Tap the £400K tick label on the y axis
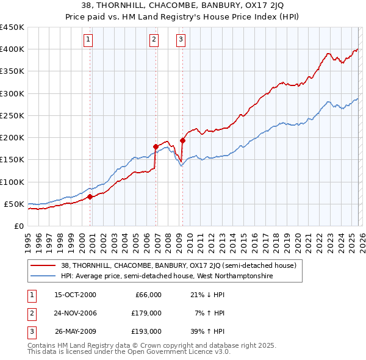click(x=12, y=49)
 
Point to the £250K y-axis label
click(x=12, y=115)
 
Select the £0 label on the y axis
click(x=19, y=226)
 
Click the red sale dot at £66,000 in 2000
click(x=90, y=196)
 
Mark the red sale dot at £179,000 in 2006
click(x=156, y=146)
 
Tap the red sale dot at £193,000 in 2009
click(x=183, y=140)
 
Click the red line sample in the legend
click(x=44, y=265)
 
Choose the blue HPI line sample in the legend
click(x=44, y=276)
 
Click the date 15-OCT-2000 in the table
click(x=75, y=295)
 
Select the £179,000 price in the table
click(x=146, y=313)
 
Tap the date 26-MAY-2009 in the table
click(x=76, y=331)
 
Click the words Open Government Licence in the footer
click(x=174, y=352)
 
